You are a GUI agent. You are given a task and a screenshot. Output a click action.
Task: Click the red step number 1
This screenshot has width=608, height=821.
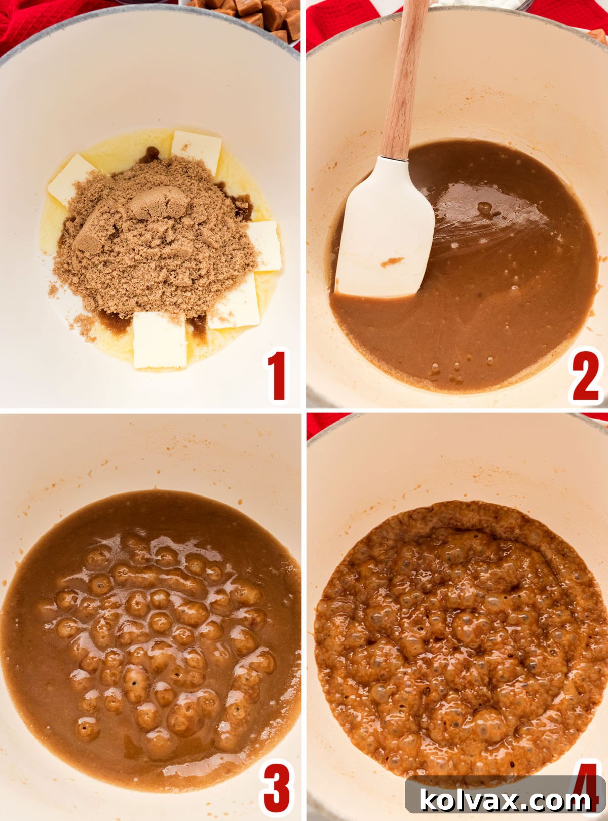pyautogui.click(x=277, y=376)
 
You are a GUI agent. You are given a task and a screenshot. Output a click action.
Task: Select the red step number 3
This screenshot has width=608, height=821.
pyautogui.click(x=276, y=788)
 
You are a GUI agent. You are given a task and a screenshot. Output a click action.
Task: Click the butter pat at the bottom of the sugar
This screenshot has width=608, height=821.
pyautogui.click(x=160, y=340)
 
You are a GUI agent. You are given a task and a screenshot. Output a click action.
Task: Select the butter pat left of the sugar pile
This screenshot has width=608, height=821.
pyautogui.click(x=71, y=177)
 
